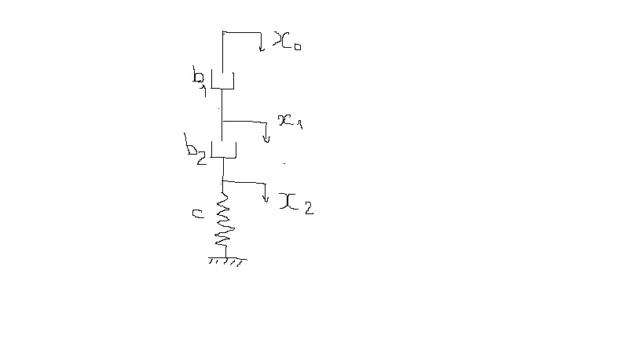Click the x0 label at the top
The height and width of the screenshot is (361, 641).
click(287, 41)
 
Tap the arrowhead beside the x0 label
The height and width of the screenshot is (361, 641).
click(262, 49)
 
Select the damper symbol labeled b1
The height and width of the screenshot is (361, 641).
click(222, 79)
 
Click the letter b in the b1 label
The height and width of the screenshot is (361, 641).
click(198, 75)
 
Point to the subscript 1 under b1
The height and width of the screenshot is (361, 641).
click(203, 91)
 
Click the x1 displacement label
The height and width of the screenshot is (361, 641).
click(290, 122)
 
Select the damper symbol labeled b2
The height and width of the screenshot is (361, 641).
click(223, 149)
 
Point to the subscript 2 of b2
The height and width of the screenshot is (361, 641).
click(202, 159)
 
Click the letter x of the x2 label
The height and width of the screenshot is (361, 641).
click(288, 202)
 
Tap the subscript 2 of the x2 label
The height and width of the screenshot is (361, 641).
click(309, 208)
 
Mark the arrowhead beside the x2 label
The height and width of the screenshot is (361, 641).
click(266, 199)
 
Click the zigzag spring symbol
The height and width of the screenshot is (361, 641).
click(225, 220)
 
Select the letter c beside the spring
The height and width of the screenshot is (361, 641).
click(198, 213)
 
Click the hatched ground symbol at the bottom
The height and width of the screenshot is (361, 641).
click(227, 261)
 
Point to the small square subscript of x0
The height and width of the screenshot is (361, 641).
click(298, 46)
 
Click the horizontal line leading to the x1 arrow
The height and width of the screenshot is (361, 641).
click(244, 122)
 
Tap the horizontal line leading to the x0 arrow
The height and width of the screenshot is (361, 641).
click(242, 32)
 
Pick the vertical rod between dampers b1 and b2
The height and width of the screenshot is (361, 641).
click(222, 115)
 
